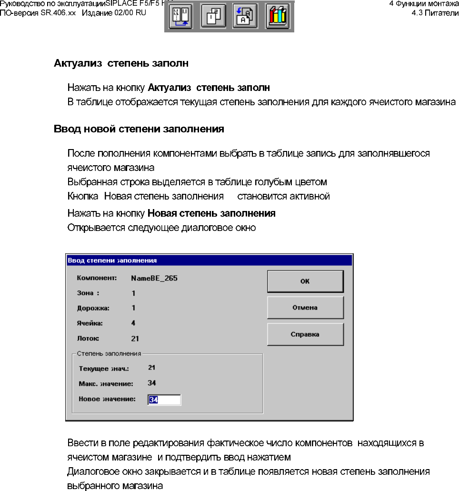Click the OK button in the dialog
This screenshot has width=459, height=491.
pos(305,281)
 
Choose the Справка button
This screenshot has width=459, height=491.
pos(305,334)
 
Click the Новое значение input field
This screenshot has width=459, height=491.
pos(164,400)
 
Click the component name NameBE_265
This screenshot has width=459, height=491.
pos(154,278)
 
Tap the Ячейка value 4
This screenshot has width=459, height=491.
pos(134,323)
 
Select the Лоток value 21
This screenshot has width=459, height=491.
pos(135,339)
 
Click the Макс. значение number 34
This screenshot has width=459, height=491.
pos(152,383)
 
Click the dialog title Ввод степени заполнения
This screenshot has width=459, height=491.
pos(112,260)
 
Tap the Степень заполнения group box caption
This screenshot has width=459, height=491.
pos(109,354)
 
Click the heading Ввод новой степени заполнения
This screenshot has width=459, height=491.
pos(139,129)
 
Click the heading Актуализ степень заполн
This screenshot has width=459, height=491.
pos(121,63)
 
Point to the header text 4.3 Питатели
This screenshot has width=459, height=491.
pos(435,12)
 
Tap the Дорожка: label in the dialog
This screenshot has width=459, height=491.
pos(93,308)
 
